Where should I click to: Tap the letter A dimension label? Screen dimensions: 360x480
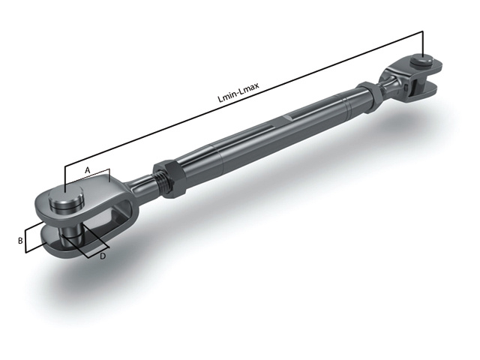87,170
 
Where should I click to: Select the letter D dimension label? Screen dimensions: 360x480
102,256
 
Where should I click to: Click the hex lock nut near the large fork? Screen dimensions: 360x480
170,177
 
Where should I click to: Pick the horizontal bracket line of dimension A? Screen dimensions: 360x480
88,178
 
